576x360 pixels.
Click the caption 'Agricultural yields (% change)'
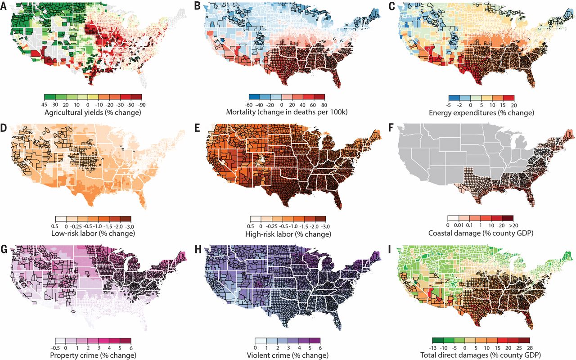93,112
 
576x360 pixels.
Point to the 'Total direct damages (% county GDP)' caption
481,355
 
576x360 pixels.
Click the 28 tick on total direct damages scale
529,347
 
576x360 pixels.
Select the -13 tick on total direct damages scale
432,347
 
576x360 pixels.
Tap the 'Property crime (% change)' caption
93,355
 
